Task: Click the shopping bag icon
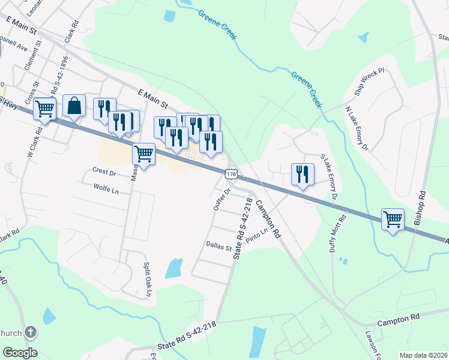[x=74, y=106]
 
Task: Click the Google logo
[x=20, y=353]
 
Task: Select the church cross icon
[x=31, y=333]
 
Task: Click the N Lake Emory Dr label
[x=356, y=128]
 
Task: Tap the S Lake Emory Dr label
[x=330, y=177]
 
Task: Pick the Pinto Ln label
[x=255, y=233]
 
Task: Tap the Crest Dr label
[x=104, y=172]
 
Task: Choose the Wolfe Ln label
[x=106, y=188]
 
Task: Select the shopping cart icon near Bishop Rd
[x=393, y=220]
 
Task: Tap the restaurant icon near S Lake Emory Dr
[x=302, y=175]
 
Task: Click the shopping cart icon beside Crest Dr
[x=143, y=155]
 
